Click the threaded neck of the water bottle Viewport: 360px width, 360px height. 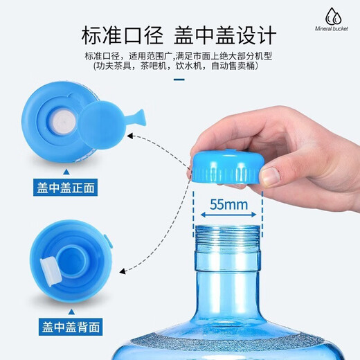click(228, 239)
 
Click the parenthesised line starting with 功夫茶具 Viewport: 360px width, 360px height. click(179, 67)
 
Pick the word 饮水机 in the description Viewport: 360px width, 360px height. click(191, 67)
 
